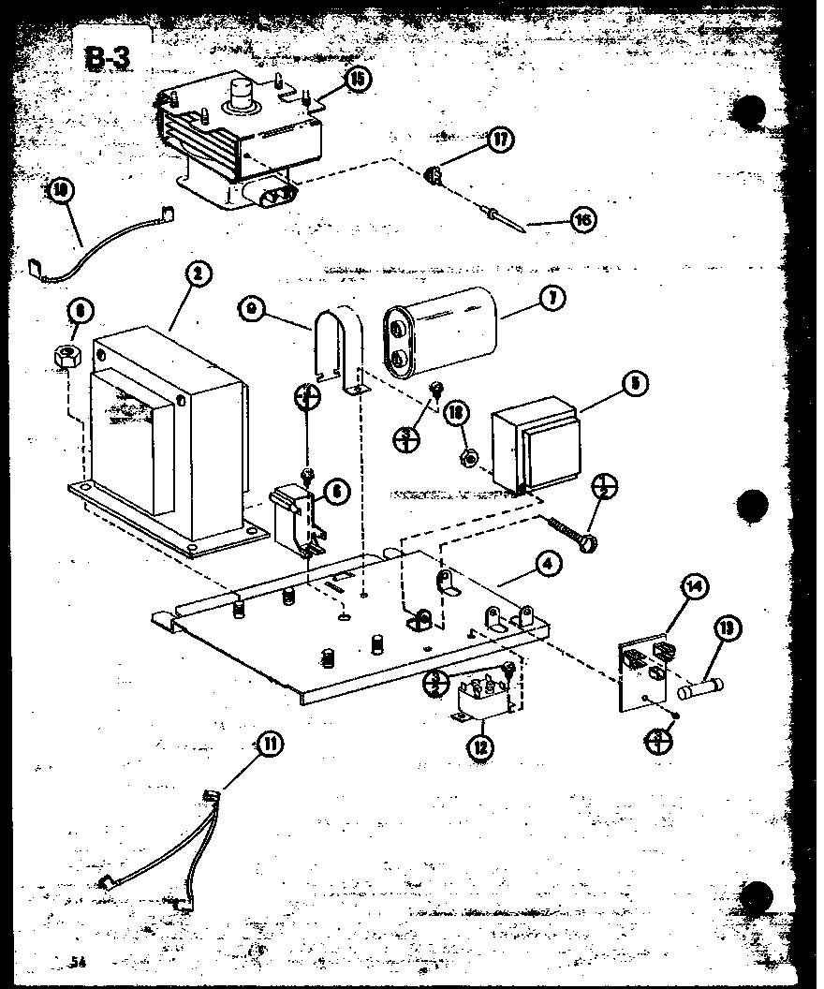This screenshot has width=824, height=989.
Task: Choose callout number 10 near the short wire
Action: pyautogui.click(x=63, y=191)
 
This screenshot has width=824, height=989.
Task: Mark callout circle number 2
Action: pyautogui.click(x=197, y=273)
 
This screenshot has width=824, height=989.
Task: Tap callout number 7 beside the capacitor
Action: pyautogui.click(x=552, y=299)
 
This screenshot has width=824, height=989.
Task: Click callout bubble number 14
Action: pyautogui.click(x=694, y=588)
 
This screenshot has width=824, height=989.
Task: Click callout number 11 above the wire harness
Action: pyautogui.click(x=269, y=745)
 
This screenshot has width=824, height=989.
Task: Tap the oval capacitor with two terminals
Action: pyautogui.click(x=440, y=334)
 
